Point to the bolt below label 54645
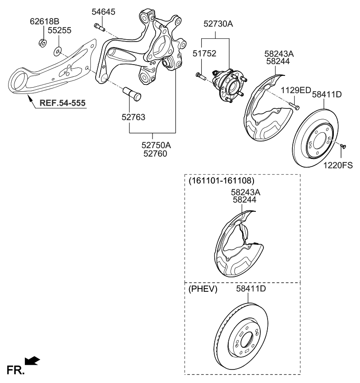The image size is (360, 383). click(100, 28)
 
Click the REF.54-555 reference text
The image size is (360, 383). click(62, 103)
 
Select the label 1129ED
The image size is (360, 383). click(296, 90)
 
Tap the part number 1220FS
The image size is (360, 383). click(338, 165)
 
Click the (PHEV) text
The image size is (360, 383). click(203, 289)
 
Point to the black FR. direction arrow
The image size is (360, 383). click(32, 360)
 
